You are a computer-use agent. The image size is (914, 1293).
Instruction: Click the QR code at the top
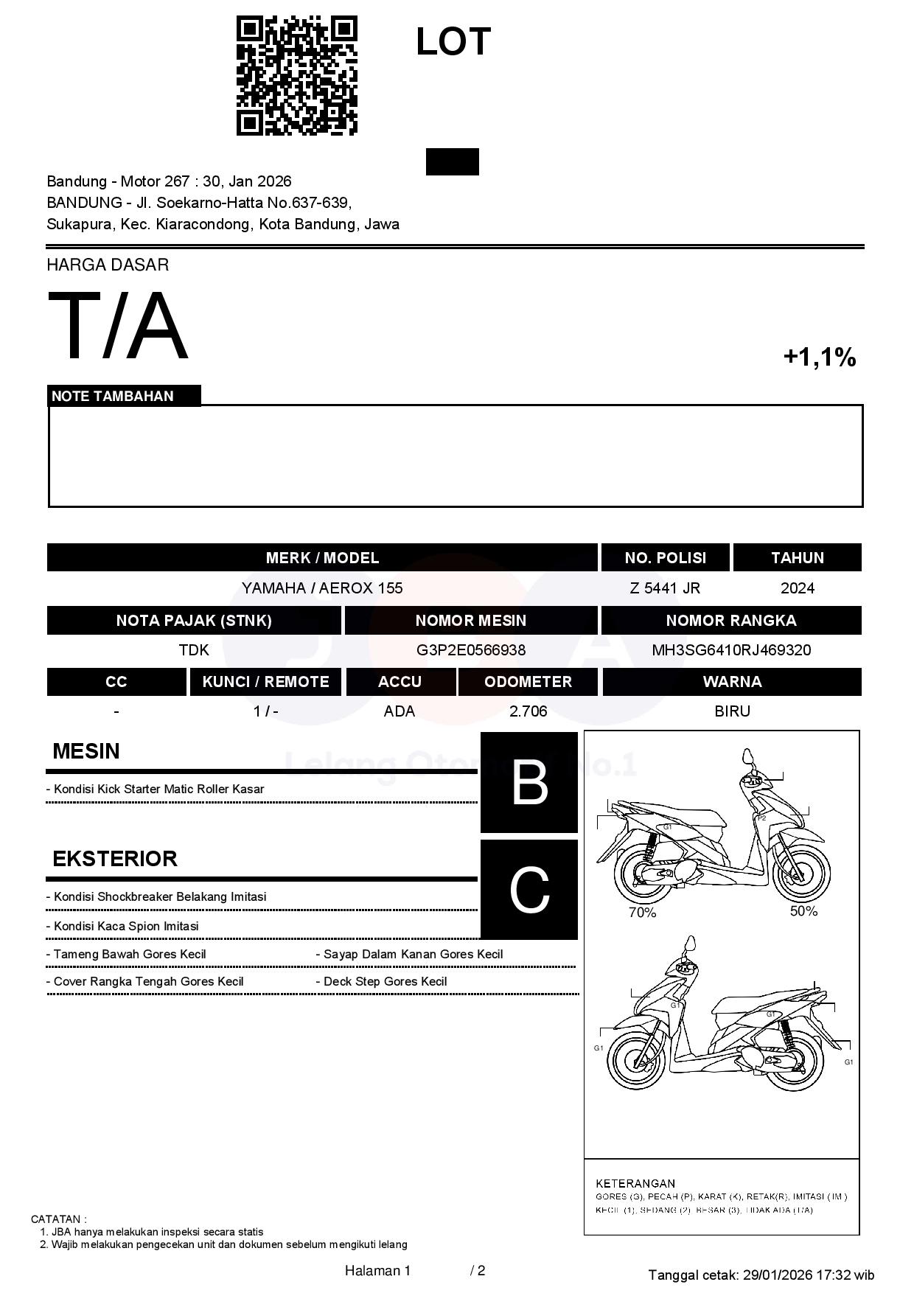[x=297, y=76]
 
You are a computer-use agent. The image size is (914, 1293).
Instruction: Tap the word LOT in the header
[x=453, y=41]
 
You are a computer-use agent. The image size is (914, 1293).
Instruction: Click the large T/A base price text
[x=118, y=327]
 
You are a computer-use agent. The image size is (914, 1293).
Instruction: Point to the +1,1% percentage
[x=819, y=358]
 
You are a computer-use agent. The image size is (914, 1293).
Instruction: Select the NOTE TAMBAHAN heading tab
[x=113, y=396]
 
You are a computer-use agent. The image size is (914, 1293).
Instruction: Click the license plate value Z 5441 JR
[x=665, y=588]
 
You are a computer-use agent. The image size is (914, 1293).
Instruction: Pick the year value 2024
[x=798, y=588]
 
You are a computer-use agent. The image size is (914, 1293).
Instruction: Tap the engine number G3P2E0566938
[x=471, y=650]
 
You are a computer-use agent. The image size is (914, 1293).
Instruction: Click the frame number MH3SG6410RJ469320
[x=731, y=650]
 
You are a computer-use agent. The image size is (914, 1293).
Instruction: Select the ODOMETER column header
[x=528, y=682]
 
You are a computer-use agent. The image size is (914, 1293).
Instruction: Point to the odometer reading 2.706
[x=528, y=711]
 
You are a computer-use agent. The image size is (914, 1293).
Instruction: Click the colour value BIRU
[x=732, y=711]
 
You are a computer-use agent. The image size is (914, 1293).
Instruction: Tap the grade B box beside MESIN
[x=529, y=782]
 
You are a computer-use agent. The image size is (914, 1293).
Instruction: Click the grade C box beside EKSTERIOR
[x=529, y=890]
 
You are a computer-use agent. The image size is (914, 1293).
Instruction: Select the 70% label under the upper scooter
[x=642, y=913]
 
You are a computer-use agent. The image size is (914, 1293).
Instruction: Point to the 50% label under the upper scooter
[x=803, y=911]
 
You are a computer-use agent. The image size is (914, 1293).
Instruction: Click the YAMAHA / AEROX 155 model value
[x=322, y=588]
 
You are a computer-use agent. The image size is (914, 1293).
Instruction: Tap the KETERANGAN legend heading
[x=635, y=1183]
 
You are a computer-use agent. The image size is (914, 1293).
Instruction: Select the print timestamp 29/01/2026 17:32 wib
[x=809, y=1275]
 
